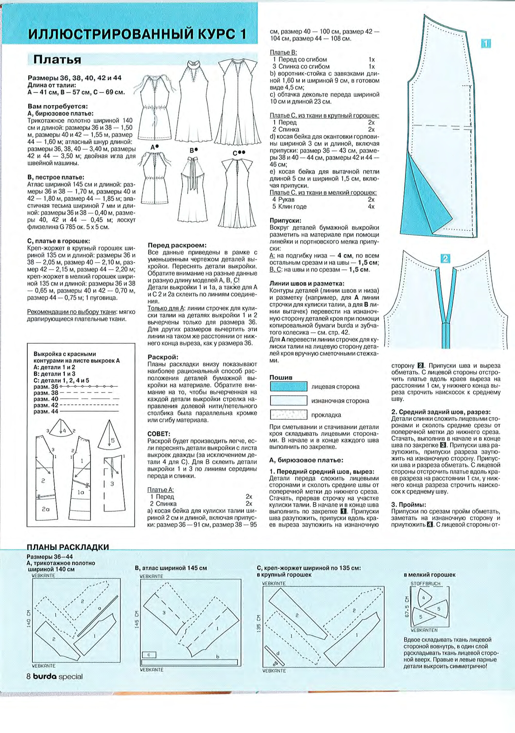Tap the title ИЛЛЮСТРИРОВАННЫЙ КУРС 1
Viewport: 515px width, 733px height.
tap(137, 34)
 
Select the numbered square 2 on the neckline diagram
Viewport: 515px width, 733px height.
tap(445, 259)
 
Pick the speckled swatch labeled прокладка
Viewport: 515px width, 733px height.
tap(289, 415)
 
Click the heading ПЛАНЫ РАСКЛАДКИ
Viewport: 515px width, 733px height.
tap(68, 547)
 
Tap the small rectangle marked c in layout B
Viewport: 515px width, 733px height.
tap(149, 654)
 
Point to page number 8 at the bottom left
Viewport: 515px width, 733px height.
tap(28, 676)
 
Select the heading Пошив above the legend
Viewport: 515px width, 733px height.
tap(281, 377)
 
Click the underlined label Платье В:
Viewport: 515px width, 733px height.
tap(284, 52)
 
